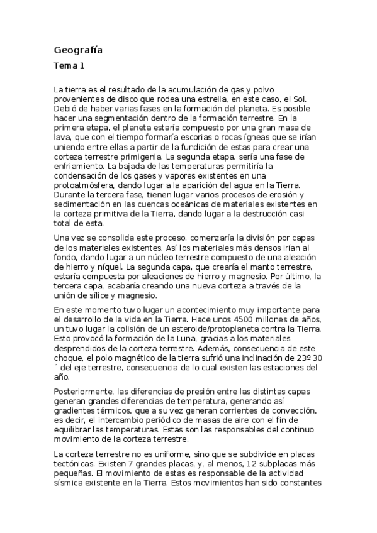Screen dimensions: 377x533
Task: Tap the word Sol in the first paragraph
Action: pos(313,99)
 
